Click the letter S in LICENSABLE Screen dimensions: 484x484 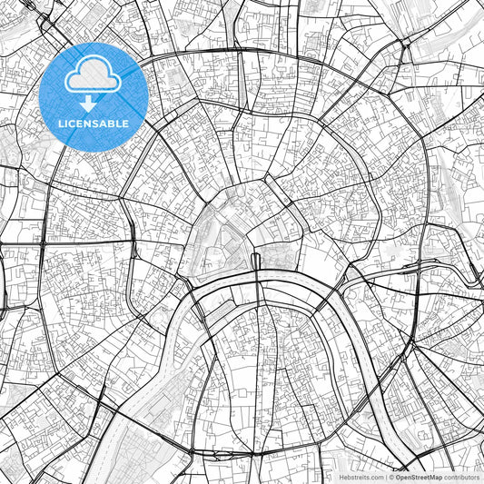95,123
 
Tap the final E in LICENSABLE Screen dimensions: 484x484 125,123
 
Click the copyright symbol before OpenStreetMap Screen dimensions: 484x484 392,477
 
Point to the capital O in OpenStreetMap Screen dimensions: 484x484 398,477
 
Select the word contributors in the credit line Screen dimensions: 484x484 461,477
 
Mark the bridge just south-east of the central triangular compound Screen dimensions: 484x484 256,262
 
